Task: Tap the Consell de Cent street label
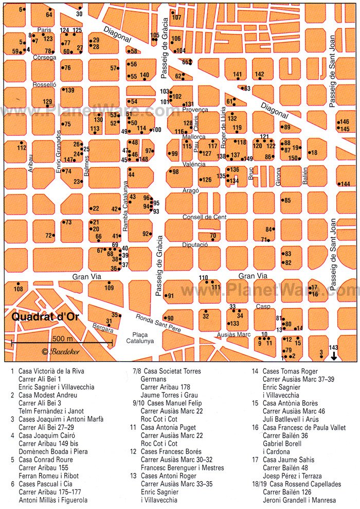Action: (x=204, y=217)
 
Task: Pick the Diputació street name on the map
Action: (x=194, y=245)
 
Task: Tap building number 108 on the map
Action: (x=18, y=289)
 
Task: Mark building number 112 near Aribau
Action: (x=21, y=148)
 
